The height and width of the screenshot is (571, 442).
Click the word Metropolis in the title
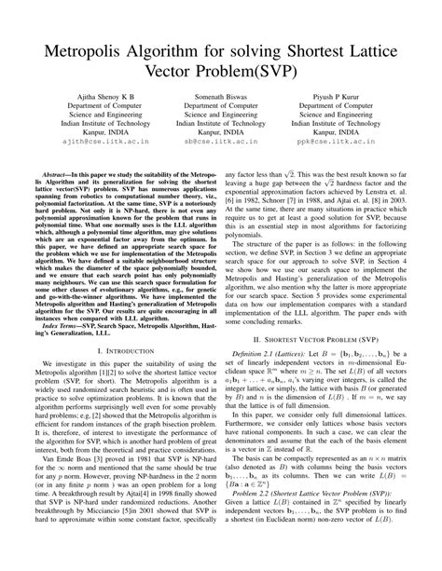[86, 48]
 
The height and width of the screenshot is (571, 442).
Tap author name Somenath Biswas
[220, 111]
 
